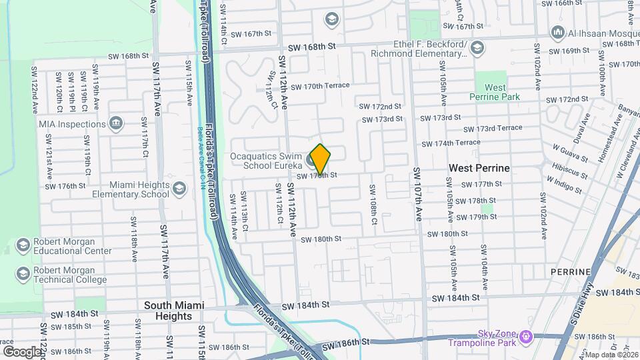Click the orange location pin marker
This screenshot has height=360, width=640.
click(x=320, y=159)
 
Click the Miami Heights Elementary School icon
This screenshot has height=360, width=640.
click(x=179, y=189)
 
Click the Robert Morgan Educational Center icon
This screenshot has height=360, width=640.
click(x=23, y=246)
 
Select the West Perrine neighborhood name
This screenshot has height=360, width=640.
click(x=479, y=168)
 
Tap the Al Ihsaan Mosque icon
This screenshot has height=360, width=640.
click(x=558, y=32)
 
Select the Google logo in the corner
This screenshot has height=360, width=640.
click(x=23, y=351)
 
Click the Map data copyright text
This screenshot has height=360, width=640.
click(x=611, y=355)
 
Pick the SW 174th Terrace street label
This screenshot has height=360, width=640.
click(x=450, y=143)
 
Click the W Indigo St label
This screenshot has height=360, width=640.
click(x=563, y=184)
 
